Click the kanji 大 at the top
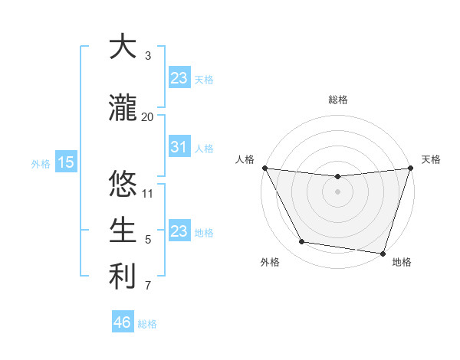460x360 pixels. pos(122,47)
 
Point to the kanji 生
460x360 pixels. pos(122,230)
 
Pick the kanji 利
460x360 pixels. pos(122,277)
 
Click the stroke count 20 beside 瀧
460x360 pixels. pos(147,116)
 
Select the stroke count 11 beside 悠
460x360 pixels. pos(148,193)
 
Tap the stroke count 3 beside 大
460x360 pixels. pos(148,56)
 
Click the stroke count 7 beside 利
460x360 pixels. pos(148,286)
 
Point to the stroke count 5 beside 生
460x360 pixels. pos(148,240)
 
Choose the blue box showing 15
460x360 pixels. pos(65,162)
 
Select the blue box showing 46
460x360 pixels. pos(123,322)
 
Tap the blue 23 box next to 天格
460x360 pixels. pos(179,77)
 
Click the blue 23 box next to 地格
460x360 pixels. pos(179,231)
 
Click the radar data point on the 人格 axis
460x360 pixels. pos(264,168)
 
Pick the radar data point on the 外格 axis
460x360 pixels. pos(302,242)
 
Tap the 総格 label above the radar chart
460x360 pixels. pos(337,100)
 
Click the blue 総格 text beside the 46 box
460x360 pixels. pos(147,324)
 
